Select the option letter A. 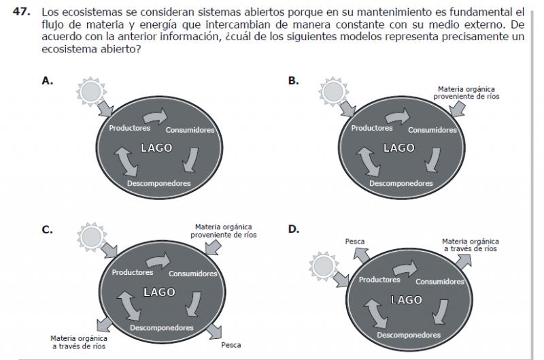(47, 80)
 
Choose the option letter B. (293, 80)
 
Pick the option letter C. (47, 229)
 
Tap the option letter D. (293, 229)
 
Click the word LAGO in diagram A (156, 148)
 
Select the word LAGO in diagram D (407, 299)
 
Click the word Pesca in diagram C (231, 345)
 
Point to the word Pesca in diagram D (355, 242)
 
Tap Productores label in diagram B (372, 128)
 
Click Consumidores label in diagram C (193, 274)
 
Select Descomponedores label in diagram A (158, 183)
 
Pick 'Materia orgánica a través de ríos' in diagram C (79, 342)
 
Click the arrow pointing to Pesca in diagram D (361, 257)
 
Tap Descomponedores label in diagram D (409, 335)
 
